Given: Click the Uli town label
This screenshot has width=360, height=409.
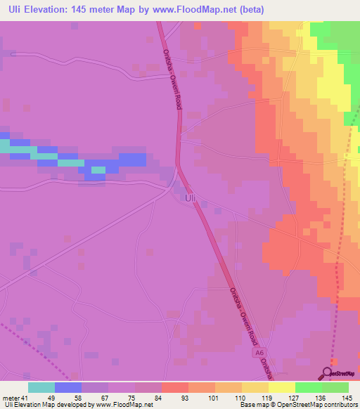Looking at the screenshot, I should tap(189, 199).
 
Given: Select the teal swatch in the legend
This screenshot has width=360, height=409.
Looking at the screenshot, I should tap(41, 387).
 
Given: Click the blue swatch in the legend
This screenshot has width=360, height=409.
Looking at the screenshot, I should tap(68, 387).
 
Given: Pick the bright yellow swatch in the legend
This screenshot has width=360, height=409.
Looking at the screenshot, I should tap(281, 387).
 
